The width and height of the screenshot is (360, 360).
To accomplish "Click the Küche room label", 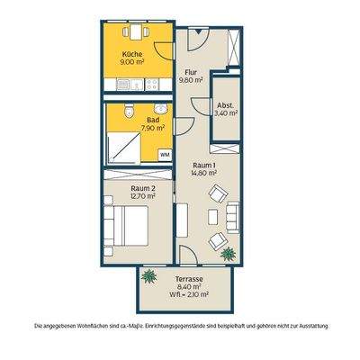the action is pos(132,55).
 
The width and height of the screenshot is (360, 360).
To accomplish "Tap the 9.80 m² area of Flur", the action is pos(191,80).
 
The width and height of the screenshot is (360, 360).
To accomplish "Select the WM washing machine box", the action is pos(165,155).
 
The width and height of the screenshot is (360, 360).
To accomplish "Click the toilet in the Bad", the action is pos(129,111).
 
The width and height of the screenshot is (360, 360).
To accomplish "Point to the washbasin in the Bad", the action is pos(161,109).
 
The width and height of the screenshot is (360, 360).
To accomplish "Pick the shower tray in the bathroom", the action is pos(123,148).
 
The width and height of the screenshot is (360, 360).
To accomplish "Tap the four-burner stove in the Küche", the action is pos(152,85).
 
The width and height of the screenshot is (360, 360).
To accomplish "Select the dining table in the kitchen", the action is pos(136,31).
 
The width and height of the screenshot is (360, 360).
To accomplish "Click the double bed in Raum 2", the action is pos(126,226).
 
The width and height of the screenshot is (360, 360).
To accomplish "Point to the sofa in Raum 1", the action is pos(233,217).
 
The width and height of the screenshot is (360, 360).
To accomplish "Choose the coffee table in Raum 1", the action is pos(212,217).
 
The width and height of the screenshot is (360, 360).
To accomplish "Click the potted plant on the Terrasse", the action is pos(149,276).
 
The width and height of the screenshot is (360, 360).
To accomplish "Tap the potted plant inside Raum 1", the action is pos(229,254).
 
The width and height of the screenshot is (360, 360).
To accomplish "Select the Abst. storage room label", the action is pos(225,105).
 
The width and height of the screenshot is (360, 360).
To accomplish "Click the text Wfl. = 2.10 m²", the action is pos(188,294).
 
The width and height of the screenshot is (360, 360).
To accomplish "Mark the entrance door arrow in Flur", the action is pos(198,31).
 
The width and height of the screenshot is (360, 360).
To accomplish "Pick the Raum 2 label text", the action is pos(143,188).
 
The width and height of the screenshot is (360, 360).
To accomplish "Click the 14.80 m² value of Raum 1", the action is pos(203,173).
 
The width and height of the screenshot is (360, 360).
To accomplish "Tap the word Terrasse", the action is pos(188,279).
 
